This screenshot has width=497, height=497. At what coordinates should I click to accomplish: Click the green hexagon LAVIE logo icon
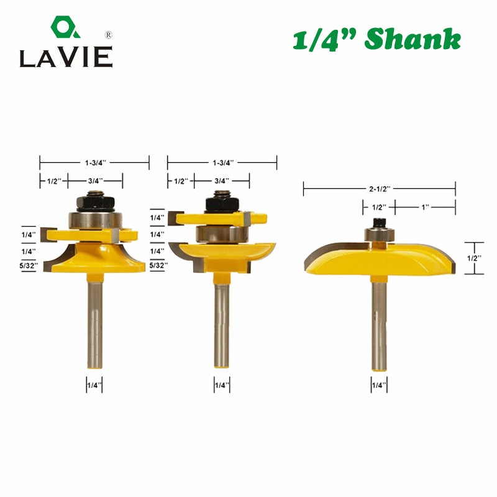65,27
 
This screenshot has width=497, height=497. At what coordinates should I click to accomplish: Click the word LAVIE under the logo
66,57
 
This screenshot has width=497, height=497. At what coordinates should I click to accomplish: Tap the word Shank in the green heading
413,39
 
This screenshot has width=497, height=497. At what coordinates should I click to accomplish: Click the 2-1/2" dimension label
380,189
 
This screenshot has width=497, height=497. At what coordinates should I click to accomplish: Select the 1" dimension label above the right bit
425,207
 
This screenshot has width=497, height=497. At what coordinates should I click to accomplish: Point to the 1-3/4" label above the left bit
95,163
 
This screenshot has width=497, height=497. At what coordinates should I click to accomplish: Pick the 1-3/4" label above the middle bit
223,163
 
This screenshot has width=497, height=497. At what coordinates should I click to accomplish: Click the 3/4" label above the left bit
96,181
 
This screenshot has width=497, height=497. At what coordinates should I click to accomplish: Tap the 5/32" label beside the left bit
29,266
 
